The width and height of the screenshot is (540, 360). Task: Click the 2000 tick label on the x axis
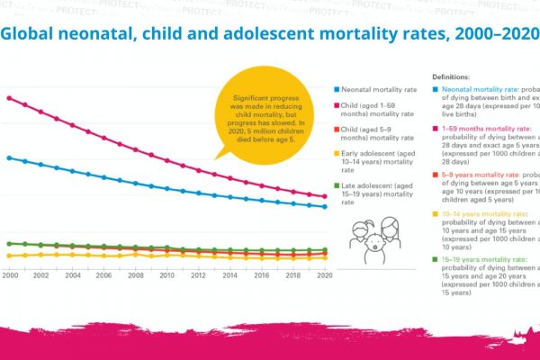[x=10, y=274]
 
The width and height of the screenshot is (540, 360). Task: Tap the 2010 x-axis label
[x=166, y=274]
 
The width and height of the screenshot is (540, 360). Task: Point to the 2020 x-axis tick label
[x=324, y=274]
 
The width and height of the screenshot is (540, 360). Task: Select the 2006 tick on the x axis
[x=103, y=274]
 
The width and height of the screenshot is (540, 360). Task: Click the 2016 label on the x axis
[x=261, y=274]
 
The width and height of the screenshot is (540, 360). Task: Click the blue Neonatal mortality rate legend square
[x=336, y=91]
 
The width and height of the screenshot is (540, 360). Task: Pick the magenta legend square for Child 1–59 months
[x=336, y=107]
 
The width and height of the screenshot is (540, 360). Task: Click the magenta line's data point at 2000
[x=9, y=97]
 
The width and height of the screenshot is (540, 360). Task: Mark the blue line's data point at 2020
[x=324, y=207]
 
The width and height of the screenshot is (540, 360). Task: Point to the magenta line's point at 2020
[x=324, y=196]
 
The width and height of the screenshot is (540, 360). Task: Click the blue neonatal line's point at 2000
[x=9, y=157]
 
